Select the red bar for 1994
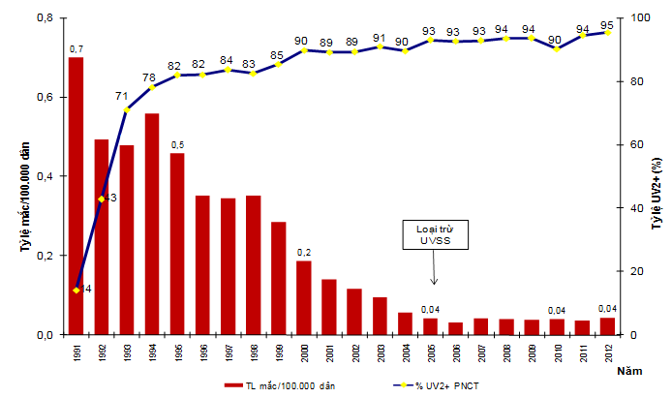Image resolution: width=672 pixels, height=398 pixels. click(151, 224)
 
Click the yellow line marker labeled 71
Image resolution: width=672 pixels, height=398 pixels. click(126, 109)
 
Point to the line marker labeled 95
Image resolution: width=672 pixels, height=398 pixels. click(607, 32)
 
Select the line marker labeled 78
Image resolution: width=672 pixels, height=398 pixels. click(151, 87)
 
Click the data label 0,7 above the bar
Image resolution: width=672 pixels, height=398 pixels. click(76, 48)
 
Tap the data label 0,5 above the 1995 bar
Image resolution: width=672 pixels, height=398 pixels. click(177, 144)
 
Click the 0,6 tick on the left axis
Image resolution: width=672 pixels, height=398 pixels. click(44, 97)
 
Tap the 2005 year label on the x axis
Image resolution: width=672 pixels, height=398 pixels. click(430, 351)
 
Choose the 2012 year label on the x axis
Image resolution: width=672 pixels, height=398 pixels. click(607, 351)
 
